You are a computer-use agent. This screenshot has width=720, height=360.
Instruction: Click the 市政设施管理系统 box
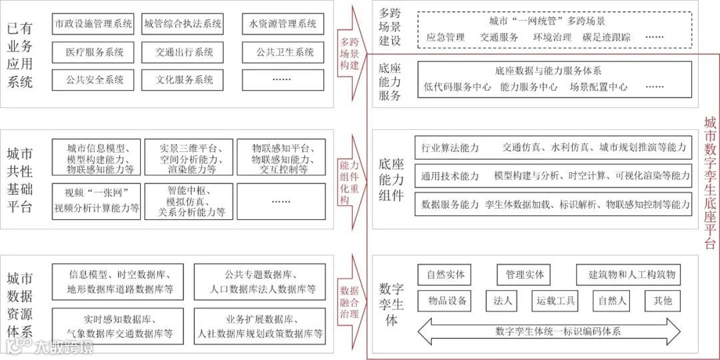click(94, 24)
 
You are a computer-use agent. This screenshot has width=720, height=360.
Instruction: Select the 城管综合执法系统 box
click(183, 24)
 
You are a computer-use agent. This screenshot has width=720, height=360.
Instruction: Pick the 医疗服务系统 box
click(94, 52)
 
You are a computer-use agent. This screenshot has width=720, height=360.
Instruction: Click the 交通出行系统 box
click(183, 52)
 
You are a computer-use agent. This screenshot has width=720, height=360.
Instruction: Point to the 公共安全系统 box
click(94, 80)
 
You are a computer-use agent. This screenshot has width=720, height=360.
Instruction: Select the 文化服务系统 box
click(183, 80)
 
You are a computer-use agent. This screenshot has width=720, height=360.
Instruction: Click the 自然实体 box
click(445, 274)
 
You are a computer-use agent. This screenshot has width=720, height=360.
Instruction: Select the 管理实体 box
click(525, 274)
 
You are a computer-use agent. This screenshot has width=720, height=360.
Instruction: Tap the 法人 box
click(503, 301)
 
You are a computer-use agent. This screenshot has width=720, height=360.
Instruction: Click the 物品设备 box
click(445, 301)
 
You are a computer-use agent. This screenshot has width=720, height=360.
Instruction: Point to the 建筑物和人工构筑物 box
click(631, 274)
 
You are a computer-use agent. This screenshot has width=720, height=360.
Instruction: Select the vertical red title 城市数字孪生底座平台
click(710, 180)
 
